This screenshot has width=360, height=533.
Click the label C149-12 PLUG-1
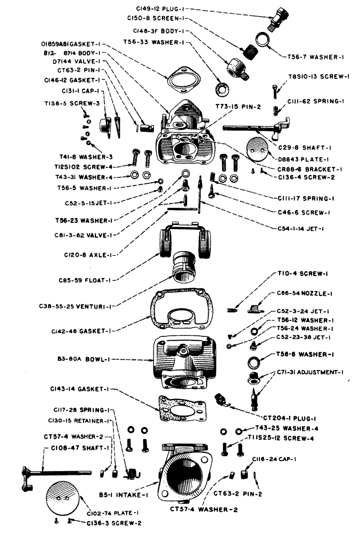pos(156,9)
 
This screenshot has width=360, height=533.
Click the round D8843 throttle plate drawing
pos(258,148)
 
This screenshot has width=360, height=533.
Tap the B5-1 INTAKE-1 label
pos(129,494)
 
